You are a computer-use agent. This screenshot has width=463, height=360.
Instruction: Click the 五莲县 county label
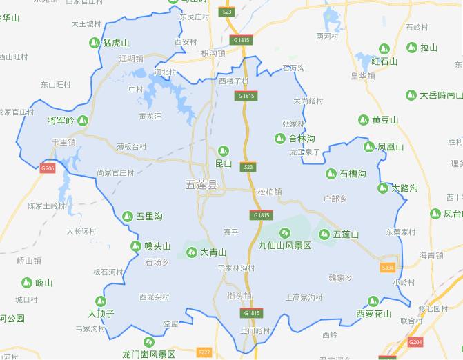click(x=201, y=186)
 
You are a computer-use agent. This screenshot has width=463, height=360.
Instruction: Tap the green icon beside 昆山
click(x=223, y=151)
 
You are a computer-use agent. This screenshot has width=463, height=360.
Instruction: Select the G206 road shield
click(x=47, y=168)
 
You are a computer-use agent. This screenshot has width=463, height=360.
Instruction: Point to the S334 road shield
click(x=388, y=268)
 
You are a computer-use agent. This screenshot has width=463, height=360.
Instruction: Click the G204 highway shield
click(x=415, y=341)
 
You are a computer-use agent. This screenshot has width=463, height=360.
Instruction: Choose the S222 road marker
click(x=204, y=352)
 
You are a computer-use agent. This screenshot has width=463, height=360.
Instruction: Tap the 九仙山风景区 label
click(x=284, y=246)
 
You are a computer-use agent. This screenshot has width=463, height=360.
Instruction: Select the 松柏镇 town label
click(x=269, y=192)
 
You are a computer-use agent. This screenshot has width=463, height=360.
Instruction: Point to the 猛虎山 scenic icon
click(x=94, y=43)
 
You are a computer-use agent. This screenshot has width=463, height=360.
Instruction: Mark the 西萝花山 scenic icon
click(x=373, y=301)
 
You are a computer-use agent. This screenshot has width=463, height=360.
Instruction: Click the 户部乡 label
click(x=334, y=199)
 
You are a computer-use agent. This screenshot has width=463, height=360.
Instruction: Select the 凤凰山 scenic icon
click(x=369, y=147)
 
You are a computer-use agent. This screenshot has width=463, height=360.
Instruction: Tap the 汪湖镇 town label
click(x=131, y=59)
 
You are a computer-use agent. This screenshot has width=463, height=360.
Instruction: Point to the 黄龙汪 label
click(x=150, y=117)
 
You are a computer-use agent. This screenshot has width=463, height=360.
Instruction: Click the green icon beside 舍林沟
click(x=279, y=139)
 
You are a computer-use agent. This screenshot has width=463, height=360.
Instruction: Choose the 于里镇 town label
click(x=63, y=142)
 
